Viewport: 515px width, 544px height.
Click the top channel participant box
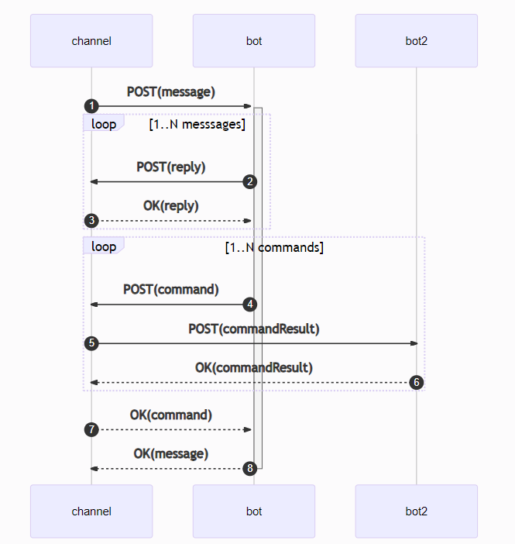(x=91, y=41)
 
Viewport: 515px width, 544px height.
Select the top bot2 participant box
(x=416, y=41)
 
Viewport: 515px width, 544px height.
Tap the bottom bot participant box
(x=254, y=511)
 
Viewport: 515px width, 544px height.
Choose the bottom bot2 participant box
(x=416, y=511)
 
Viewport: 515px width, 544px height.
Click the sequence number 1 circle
(x=91, y=105)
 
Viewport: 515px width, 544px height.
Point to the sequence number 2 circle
(x=249, y=181)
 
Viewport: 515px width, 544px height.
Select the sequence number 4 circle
(x=249, y=305)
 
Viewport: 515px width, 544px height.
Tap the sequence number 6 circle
(x=416, y=382)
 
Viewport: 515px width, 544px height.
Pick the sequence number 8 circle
(x=249, y=468)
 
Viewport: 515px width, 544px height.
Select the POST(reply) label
(x=171, y=167)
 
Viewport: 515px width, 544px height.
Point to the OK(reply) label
(x=171, y=205)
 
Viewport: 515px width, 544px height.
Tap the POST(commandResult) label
(x=254, y=329)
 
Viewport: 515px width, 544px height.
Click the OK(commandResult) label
(x=254, y=367)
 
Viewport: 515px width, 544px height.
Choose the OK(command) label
(x=171, y=415)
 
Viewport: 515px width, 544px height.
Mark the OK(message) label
(x=171, y=453)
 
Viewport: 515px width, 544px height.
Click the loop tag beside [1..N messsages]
(x=103, y=124)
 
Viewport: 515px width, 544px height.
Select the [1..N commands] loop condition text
(x=273, y=248)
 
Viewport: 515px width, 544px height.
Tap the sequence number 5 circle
(x=91, y=343)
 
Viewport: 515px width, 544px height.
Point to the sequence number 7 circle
(x=91, y=429)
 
